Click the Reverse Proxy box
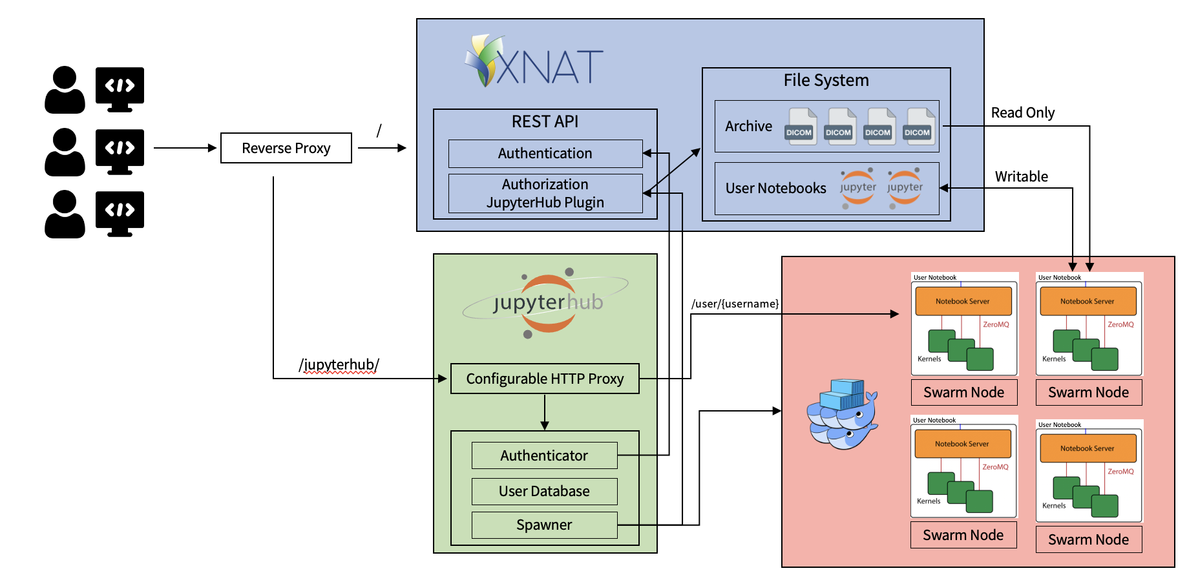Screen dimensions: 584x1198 [x=286, y=148]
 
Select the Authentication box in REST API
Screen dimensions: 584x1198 [x=545, y=154]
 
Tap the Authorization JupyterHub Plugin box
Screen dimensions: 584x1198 [x=545, y=193]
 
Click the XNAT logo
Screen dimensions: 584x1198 [x=534, y=62]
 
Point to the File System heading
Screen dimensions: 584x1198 [x=826, y=80]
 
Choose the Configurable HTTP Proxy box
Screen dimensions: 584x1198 [x=544, y=379]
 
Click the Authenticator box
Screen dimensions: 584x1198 [x=544, y=455]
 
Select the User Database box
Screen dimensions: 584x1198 [x=544, y=492]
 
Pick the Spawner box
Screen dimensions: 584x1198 [x=544, y=525]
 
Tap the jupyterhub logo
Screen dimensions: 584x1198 [x=547, y=302]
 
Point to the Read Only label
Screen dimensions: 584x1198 [x=1022, y=113]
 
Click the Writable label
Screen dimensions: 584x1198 [x=1021, y=176]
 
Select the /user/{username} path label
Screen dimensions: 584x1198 [x=735, y=304]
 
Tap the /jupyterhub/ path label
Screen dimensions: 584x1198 [x=339, y=364]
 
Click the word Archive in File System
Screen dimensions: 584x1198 [x=748, y=127]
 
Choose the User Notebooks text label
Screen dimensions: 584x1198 [x=775, y=189]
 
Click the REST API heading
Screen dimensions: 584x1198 [x=545, y=121]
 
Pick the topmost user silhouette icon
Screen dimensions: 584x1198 [x=65, y=90]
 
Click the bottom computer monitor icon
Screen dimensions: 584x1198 [x=120, y=213]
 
